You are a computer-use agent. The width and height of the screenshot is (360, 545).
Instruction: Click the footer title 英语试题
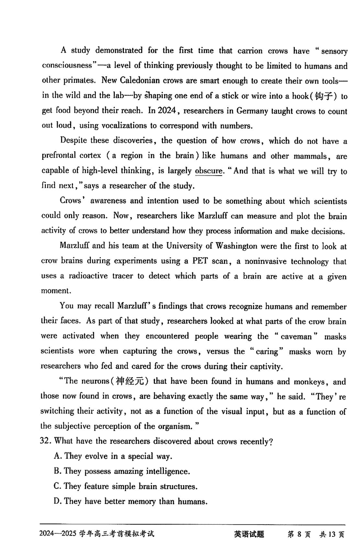pyautogui.click(x=249, y=534)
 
